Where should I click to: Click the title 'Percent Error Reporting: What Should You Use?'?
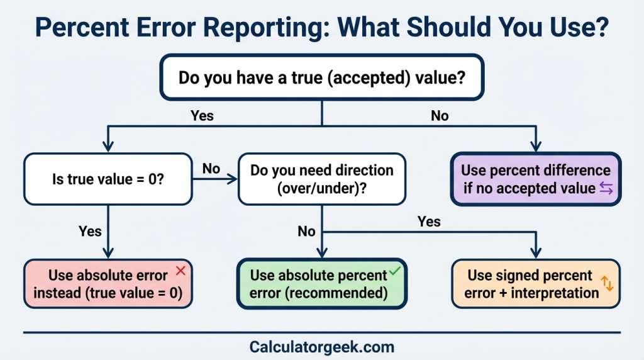coord(321,28)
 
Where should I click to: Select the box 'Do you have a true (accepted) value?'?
coord(321,77)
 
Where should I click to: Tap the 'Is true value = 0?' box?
coord(107,179)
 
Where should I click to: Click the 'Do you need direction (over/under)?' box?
coord(321,179)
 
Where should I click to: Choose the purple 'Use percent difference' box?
coord(536,179)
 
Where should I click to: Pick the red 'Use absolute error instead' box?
coord(107,284)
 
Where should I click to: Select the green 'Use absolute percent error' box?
coord(321,284)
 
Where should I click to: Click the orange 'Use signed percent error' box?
coord(536,284)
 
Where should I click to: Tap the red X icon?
coord(180,271)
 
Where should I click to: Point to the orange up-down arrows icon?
coord(608,284)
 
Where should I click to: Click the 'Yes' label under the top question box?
coord(202,116)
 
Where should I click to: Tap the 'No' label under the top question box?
coord(440,116)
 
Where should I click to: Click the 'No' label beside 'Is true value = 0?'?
coord(211,168)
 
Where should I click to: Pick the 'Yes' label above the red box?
coord(90,231)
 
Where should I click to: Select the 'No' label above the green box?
coord(306,231)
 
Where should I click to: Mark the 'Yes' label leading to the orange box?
coord(429,221)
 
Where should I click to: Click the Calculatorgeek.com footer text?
coord(321,347)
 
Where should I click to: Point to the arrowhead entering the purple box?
coord(536,147)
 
